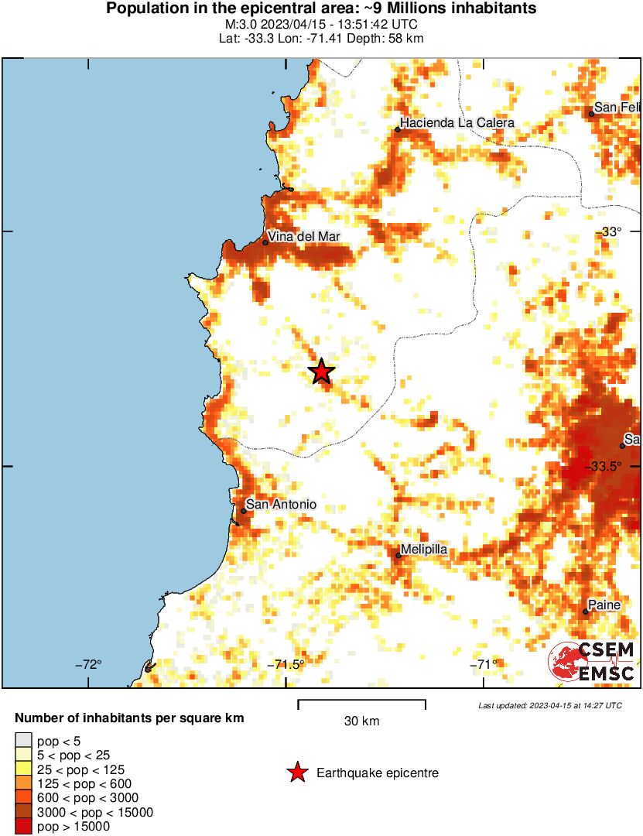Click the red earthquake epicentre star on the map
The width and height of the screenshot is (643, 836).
322,372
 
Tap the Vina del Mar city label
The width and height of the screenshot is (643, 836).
304,237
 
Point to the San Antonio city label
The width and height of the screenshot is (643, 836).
281,505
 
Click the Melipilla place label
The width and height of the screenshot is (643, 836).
423,550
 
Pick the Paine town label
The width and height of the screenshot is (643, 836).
604,605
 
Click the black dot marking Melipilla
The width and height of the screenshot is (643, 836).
398,555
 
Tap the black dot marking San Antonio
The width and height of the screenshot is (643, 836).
244,511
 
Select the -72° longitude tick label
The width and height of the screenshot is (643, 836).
88,664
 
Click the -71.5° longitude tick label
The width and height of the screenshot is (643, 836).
286,664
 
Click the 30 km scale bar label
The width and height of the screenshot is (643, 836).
361,721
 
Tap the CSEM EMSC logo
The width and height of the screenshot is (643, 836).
593,662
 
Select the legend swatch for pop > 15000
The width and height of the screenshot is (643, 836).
24,827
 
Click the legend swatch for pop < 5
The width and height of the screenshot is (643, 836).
24,741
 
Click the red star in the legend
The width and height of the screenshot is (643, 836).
296,773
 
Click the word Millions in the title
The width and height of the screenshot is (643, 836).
421,9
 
